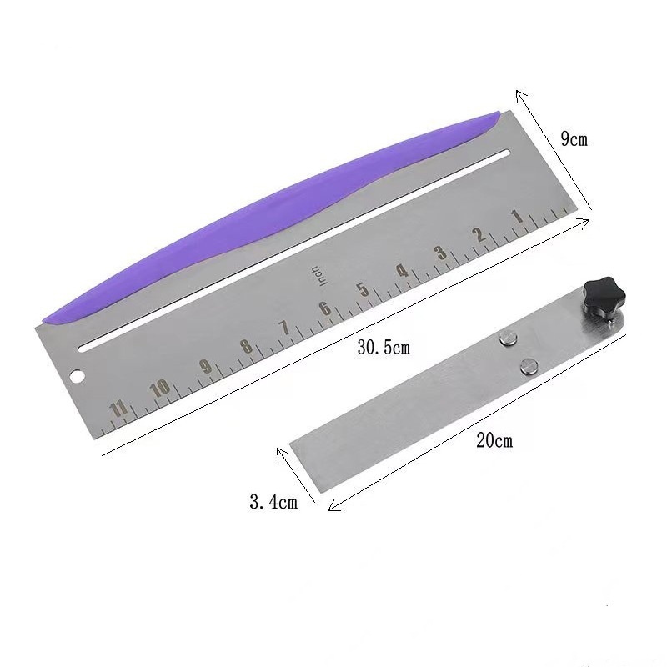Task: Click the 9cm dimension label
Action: point(574,138)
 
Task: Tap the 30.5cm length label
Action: point(384,348)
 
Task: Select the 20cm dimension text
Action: point(494,440)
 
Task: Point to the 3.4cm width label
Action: point(273,503)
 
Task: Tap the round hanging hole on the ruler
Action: point(78,376)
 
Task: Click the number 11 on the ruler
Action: point(118,409)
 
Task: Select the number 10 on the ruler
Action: point(160,389)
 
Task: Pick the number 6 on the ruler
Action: point(325,308)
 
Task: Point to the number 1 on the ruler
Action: point(518,217)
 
